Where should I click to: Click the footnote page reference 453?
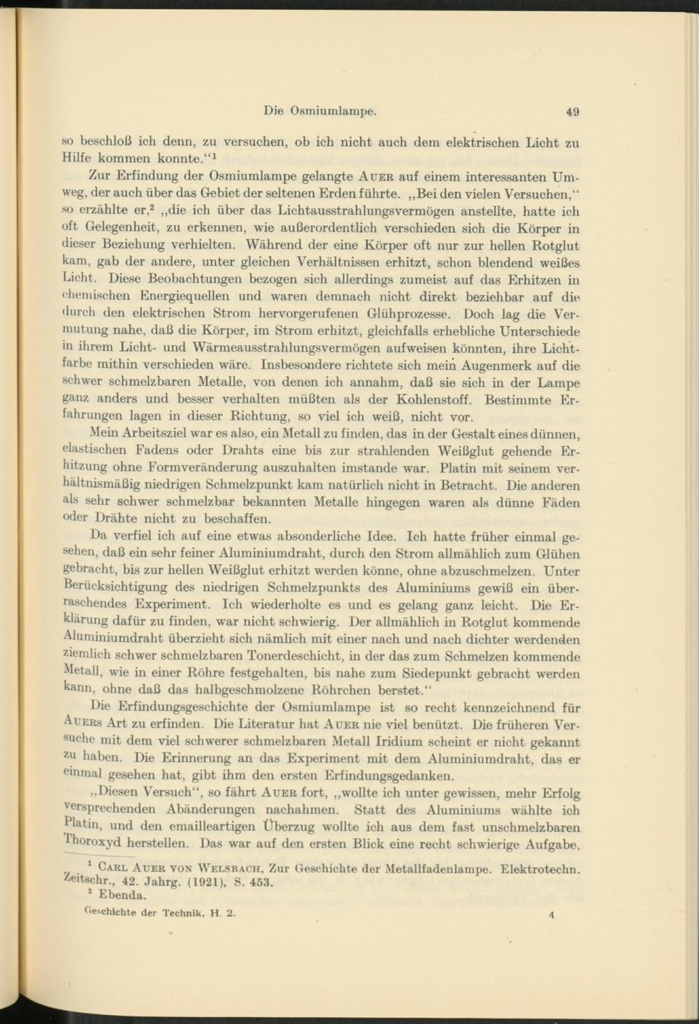(x=259, y=882)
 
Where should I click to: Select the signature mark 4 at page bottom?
(x=552, y=913)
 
